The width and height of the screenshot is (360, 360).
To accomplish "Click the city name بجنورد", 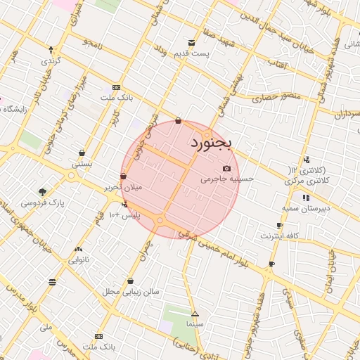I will click(210, 143).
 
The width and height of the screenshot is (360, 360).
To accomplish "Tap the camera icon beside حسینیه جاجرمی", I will click(226, 169).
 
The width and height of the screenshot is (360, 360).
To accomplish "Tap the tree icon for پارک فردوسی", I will click(43, 191).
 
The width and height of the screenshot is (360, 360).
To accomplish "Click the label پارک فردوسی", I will click(42, 202).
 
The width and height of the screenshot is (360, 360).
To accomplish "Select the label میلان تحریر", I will click(123, 188).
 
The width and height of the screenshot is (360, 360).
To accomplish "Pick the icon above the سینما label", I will click(195, 314).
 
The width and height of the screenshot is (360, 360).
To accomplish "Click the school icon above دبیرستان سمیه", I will click(305, 198).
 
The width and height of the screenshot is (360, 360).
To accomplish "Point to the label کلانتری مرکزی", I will click(307, 181).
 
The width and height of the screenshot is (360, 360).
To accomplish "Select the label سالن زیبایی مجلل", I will click(131, 290).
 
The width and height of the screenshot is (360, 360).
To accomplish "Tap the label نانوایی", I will click(77, 259).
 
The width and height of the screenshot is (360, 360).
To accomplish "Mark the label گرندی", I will click(52, 60).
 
